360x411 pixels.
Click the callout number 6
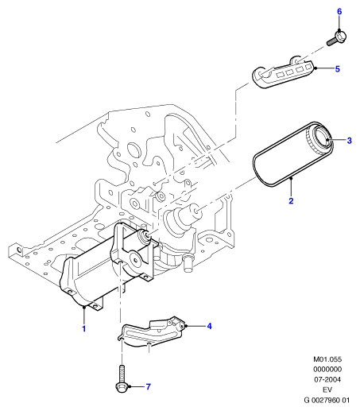coord(339,12)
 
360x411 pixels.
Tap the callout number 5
coord(337,69)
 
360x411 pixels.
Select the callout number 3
coord(349,141)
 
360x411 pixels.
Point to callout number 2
coord(291,200)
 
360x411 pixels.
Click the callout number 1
coord(84,328)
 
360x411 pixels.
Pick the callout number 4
coord(209,326)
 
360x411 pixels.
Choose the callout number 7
coord(148,386)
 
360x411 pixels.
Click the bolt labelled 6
coord(336,39)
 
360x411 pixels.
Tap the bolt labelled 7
coord(122,378)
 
